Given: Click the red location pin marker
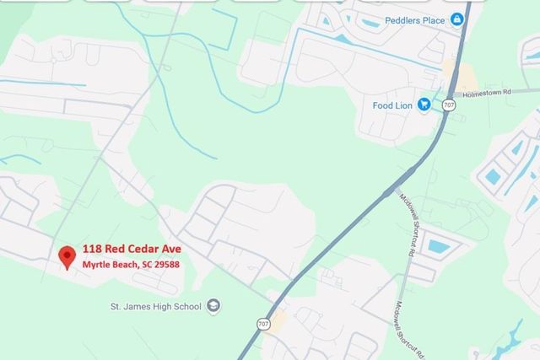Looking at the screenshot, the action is point(67,256).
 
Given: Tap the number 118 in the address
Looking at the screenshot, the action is point(92,250).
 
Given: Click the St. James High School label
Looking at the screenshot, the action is point(156,306).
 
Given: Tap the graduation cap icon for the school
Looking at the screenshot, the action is point(213,306).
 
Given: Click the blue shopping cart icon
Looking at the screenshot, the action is point(424,105).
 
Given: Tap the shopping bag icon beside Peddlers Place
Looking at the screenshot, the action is point(456,19).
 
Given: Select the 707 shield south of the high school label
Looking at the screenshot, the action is point(266,325).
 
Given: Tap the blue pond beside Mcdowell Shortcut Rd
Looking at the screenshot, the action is point(439,247).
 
